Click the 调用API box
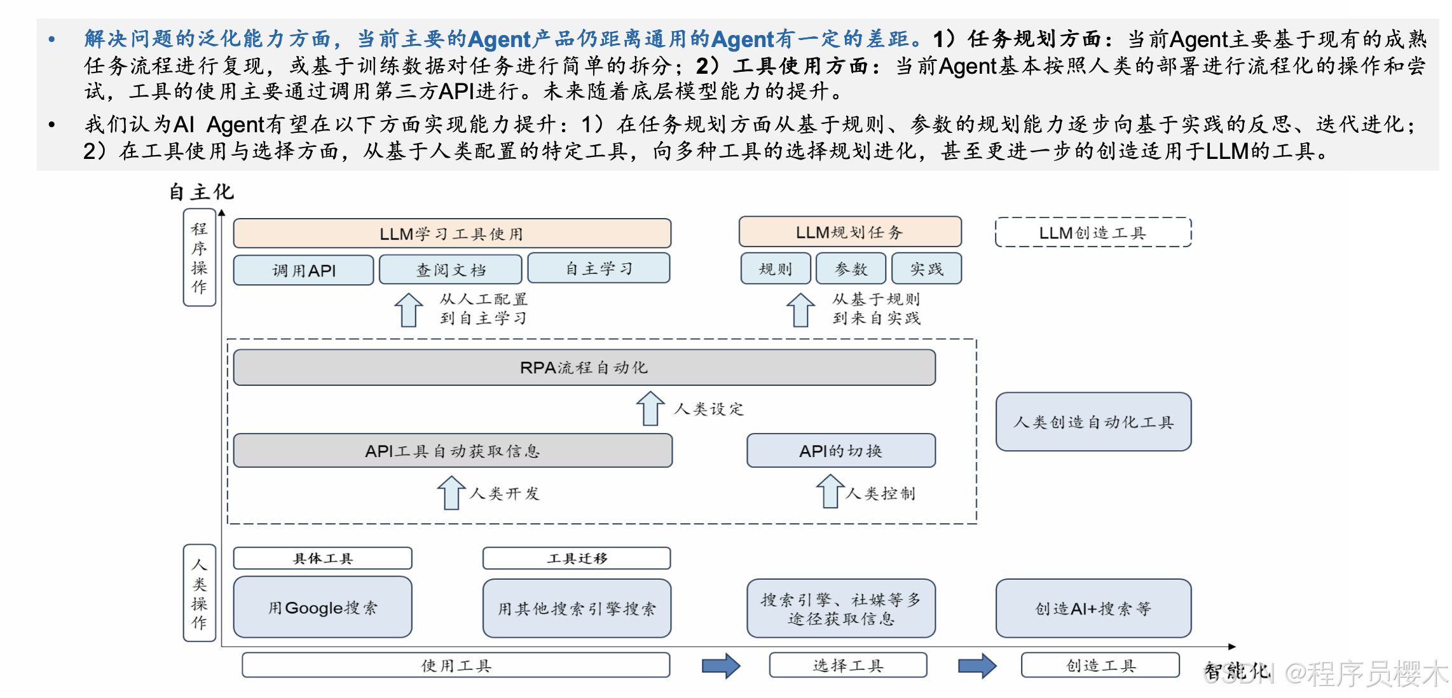tap(303, 270)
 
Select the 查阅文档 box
tap(450, 270)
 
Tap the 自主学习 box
tap(598, 268)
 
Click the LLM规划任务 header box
tap(849, 232)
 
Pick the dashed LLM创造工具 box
tap(1092, 233)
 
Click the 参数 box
tap(851, 269)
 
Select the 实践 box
tap(926, 269)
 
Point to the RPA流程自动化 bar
tap(584, 367)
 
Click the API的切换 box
tap(840, 451)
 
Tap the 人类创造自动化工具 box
tap(1093, 422)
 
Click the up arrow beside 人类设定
tap(650, 408)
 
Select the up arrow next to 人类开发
tap(451, 493)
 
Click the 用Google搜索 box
tap(322, 608)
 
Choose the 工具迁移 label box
tap(577, 558)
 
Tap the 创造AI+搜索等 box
tap(1093, 608)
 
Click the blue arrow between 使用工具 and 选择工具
tap(721, 666)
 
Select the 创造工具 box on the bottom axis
tap(1100, 666)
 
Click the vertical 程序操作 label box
tap(200, 257)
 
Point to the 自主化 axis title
tap(201, 191)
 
